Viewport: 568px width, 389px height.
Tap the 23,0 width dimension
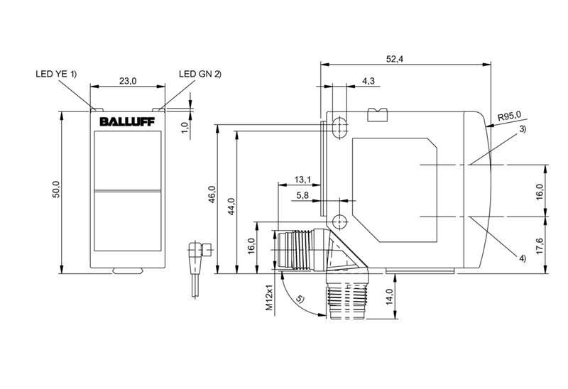[127, 82]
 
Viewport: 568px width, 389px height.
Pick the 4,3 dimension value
[368, 82]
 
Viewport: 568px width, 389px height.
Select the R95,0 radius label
[510, 115]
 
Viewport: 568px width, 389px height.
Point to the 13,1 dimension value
[302, 179]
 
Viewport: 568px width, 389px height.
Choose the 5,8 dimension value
[302, 195]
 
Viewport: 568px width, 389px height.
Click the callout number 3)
[523, 129]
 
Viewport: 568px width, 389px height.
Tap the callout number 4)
[523, 258]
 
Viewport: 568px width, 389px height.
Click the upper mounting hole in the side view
[339, 126]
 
